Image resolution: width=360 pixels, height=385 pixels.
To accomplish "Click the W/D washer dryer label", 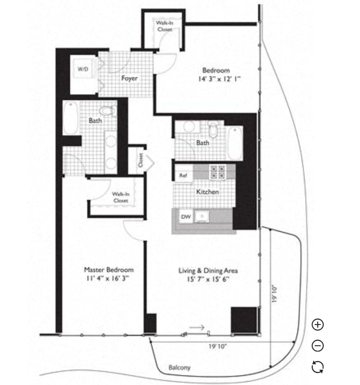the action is pyautogui.click(x=83, y=69).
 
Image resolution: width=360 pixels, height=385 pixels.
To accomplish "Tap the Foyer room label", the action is pyautogui.click(x=129, y=78).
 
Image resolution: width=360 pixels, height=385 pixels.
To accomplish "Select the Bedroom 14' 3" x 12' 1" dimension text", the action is pyautogui.click(x=219, y=79).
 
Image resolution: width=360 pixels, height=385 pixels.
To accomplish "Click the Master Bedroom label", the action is pyautogui.click(x=109, y=270).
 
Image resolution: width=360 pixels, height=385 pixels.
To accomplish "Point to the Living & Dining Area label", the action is pyautogui.click(x=208, y=270).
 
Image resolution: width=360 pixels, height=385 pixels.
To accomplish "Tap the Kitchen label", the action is pyautogui.click(x=208, y=192).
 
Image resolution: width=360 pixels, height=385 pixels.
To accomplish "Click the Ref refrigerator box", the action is pyautogui.click(x=183, y=175).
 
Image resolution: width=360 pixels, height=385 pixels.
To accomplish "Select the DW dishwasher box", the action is pyautogui.click(x=186, y=217).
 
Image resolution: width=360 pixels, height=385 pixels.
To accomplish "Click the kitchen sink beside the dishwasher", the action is pyautogui.click(x=202, y=216).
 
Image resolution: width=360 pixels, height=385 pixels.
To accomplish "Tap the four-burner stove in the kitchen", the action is pyautogui.click(x=218, y=172).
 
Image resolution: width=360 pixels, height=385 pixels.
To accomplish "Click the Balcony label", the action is pyautogui.click(x=180, y=368).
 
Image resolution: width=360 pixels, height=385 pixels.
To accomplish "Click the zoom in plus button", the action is pyautogui.click(x=318, y=325).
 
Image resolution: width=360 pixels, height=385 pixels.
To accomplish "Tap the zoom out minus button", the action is pyautogui.click(x=318, y=346).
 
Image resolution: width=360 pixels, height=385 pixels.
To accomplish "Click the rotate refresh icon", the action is pyautogui.click(x=318, y=367).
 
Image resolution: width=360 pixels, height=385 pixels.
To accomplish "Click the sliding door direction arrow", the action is pyautogui.click(x=197, y=327).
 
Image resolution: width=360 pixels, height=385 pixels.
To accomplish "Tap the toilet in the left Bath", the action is pyautogui.click(x=108, y=111).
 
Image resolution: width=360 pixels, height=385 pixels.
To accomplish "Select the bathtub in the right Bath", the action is pyautogui.click(x=234, y=143).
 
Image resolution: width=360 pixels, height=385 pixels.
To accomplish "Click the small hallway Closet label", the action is pyautogui.click(x=141, y=160).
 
